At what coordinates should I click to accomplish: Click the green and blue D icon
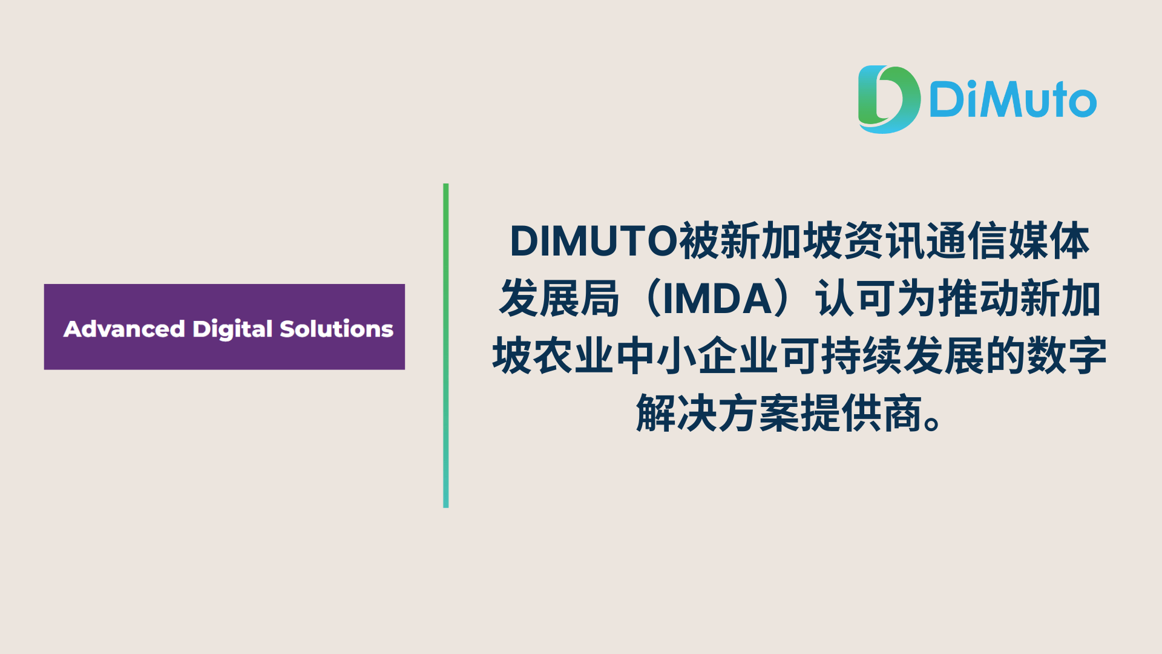pyautogui.click(x=888, y=99)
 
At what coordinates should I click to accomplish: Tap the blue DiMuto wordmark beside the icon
pyautogui.click(x=1013, y=100)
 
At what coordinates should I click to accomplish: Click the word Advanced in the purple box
pyautogui.click(x=124, y=329)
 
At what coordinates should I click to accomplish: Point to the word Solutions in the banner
pyautogui.click(x=336, y=328)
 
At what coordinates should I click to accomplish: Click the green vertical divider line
pyautogui.click(x=445, y=345)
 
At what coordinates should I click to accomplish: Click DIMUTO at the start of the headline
pyautogui.click(x=594, y=241)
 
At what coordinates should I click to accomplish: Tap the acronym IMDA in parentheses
pyautogui.click(x=718, y=299)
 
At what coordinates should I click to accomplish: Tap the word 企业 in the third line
pyautogui.click(x=738, y=356)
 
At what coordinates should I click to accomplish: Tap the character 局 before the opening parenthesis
pyautogui.click(x=600, y=299)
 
